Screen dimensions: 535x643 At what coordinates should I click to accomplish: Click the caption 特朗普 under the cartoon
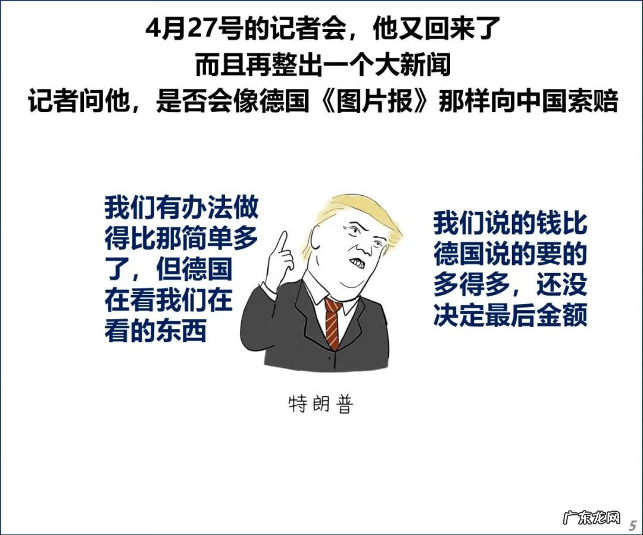[320, 405]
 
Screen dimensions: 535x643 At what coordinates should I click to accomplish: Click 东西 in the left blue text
[182, 331]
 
